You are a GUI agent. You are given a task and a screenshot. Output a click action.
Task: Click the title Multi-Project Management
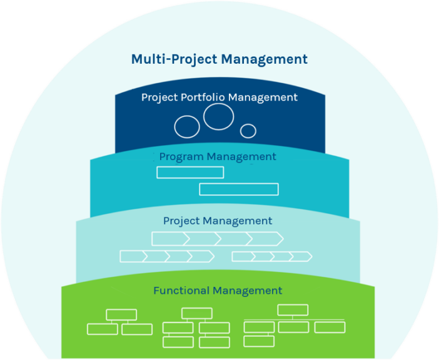(219, 59)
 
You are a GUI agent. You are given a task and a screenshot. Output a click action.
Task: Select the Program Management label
(217, 156)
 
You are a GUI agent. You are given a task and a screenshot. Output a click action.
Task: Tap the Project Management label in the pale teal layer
(217, 221)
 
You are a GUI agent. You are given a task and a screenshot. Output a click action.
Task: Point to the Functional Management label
(217, 291)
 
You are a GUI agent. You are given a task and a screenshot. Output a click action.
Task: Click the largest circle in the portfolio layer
(218, 117)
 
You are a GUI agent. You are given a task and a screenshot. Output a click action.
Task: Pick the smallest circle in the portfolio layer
(248, 131)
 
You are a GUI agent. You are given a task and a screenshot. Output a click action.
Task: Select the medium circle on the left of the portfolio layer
(187, 127)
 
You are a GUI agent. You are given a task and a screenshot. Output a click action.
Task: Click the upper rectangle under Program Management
(181, 172)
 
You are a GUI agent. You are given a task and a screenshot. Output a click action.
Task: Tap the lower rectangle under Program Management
(239, 189)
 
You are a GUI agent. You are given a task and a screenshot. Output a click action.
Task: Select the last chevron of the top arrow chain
(266, 238)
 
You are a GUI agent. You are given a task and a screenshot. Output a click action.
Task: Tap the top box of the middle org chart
(196, 313)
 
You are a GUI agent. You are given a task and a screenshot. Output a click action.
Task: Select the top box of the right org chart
(293, 310)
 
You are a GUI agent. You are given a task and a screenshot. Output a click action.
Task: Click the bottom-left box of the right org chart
(259, 341)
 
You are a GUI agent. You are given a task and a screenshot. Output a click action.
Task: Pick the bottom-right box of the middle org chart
(214, 342)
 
